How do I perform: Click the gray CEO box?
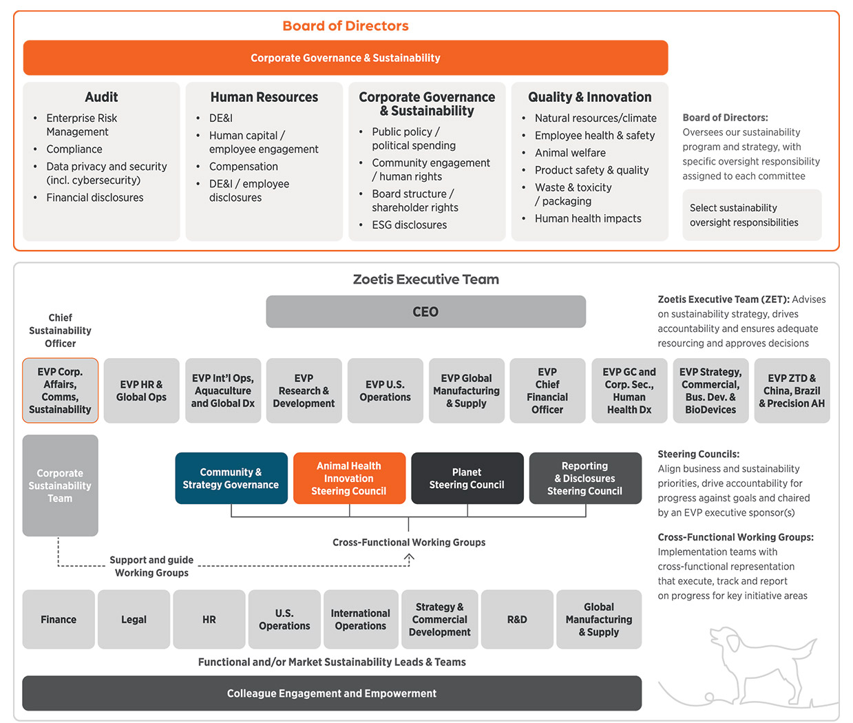(x=425, y=312)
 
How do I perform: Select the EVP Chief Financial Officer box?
(x=547, y=390)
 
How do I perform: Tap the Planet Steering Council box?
(x=467, y=479)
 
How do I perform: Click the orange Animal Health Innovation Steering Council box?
(x=349, y=479)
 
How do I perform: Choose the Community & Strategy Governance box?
(x=231, y=479)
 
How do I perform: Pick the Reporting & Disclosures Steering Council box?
(x=585, y=479)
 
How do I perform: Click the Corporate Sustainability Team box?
(x=60, y=485)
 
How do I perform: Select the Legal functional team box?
(x=134, y=620)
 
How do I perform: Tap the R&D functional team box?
(x=517, y=620)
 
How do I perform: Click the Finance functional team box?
(x=59, y=620)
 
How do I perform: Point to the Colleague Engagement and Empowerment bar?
(x=332, y=693)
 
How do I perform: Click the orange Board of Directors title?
(x=346, y=26)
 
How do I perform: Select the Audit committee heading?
(x=101, y=97)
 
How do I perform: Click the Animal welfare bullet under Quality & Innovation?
(x=570, y=153)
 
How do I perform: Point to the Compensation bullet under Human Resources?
(x=244, y=167)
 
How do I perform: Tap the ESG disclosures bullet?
(x=409, y=225)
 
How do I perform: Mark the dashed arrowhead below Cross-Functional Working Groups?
(x=409, y=558)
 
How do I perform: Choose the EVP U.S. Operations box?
(x=385, y=390)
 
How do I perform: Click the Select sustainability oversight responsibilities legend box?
(x=752, y=215)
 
